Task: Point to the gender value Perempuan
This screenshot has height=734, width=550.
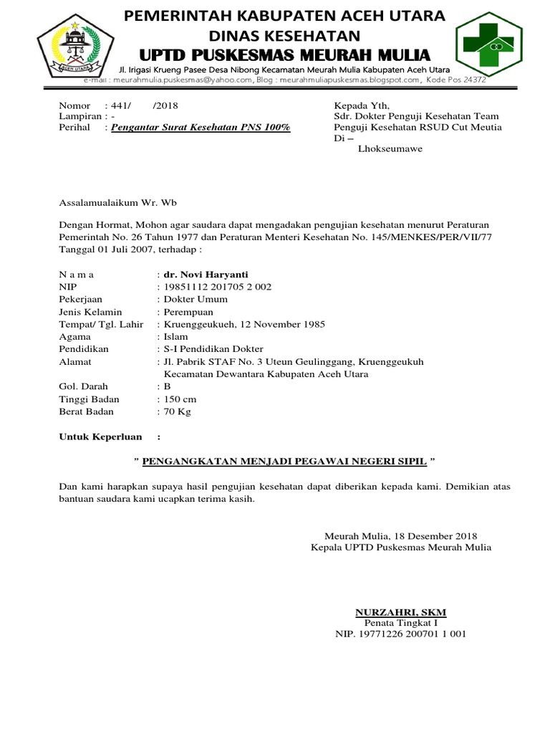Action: point(188,312)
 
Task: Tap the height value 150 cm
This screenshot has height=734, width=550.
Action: point(180,399)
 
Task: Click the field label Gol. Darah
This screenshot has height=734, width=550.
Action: point(83,386)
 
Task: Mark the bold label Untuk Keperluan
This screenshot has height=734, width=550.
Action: point(100,437)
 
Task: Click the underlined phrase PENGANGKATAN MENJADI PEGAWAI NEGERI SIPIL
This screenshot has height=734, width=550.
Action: point(284,462)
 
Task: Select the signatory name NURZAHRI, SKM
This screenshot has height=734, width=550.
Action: point(400,612)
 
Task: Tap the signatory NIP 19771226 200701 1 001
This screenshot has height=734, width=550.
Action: point(401,634)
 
